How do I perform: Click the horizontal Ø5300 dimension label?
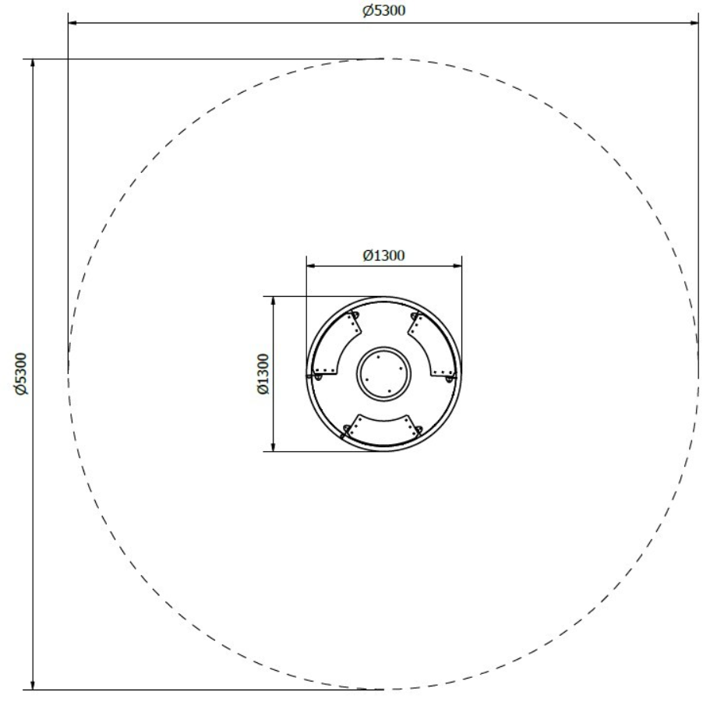click(383, 11)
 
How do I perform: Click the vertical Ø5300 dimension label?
click(21, 374)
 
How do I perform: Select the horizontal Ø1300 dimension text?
click(383, 256)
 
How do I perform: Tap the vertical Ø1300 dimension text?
click(263, 374)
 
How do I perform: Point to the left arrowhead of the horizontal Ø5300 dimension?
click(72, 22)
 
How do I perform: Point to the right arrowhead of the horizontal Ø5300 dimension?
click(694, 22)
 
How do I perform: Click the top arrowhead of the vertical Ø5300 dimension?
click(32, 64)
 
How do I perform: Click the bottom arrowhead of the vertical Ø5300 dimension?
click(32, 685)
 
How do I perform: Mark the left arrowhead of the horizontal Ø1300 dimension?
click(311, 266)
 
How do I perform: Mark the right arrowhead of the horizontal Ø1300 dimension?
click(457, 266)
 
